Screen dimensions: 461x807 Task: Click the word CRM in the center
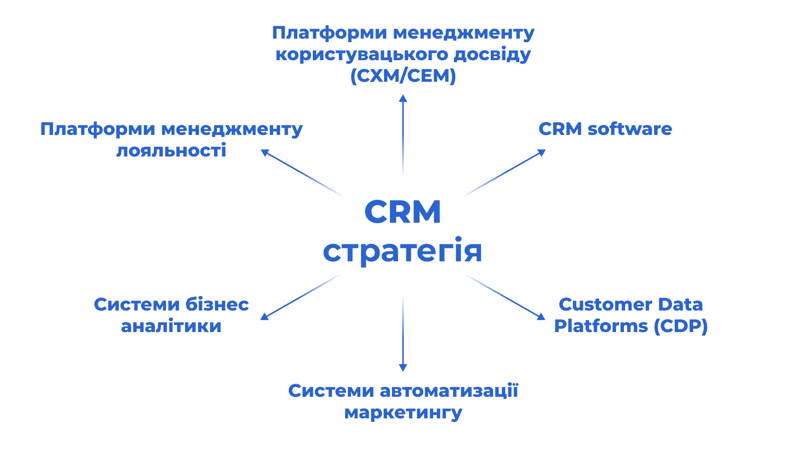pos(402,212)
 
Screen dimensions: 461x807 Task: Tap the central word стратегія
pos(402,251)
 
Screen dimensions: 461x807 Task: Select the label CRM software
pos(605,129)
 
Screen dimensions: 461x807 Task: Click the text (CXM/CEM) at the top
pos(403,76)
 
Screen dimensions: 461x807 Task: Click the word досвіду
pos(492,54)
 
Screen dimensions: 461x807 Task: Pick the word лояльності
pos(171,150)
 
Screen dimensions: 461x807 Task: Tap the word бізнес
pos(217,304)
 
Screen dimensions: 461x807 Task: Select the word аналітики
pos(171,326)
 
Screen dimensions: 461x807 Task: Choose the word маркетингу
pos(403,413)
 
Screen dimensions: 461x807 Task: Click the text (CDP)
pos(681,326)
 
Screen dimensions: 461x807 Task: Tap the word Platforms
pos(601,326)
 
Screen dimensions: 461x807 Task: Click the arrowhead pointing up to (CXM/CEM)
pos(403,98)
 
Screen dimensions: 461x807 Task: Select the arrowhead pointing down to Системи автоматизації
pos(403,368)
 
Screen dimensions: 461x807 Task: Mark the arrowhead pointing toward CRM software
pos(542,152)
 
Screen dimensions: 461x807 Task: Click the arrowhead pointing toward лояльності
pos(265,152)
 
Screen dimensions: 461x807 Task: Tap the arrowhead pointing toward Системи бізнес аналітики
pos(264,317)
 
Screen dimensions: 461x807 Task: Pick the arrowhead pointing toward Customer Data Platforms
pos(541,317)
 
